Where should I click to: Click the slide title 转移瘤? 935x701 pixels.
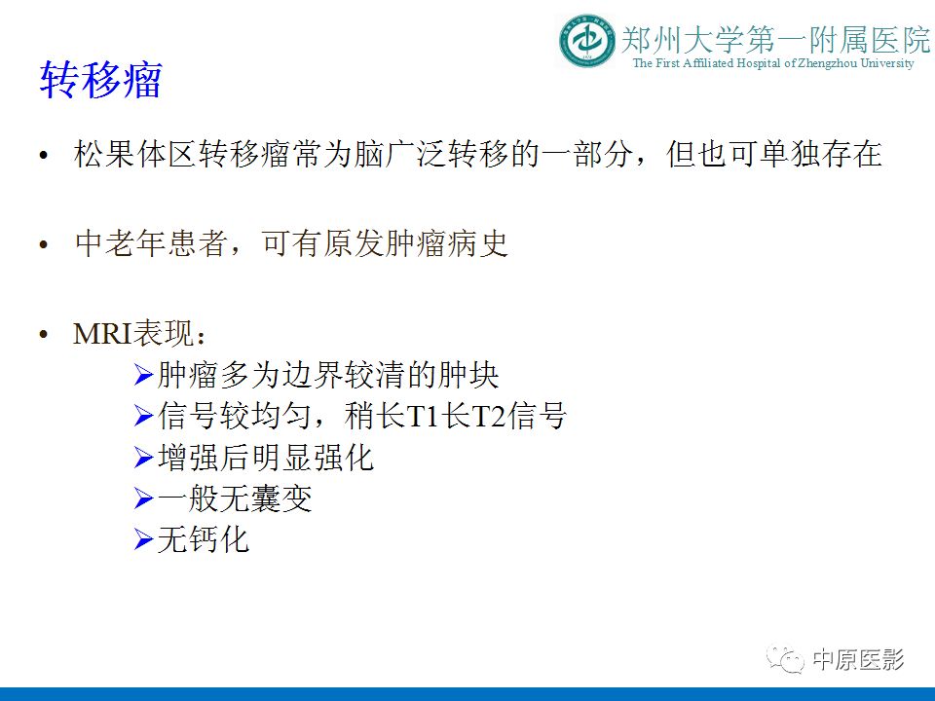tap(100, 80)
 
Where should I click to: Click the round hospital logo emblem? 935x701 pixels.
tap(587, 41)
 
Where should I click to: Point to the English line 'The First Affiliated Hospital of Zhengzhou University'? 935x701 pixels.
tap(773, 63)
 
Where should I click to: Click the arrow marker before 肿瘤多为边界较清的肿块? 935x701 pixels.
tap(143, 374)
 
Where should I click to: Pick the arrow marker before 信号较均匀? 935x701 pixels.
tap(143, 416)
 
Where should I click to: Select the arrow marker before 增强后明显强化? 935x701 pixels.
tap(143, 457)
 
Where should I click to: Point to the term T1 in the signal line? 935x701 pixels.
tap(424, 417)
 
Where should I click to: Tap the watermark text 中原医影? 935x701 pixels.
tap(858, 660)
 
